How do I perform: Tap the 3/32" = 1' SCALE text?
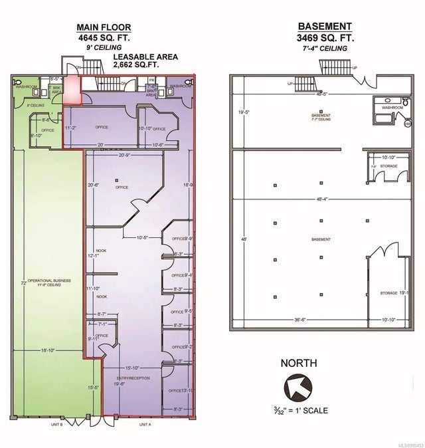click(x=296, y=411)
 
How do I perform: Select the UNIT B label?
click(x=58, y=423)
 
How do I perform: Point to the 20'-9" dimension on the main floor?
click(x=125, y=155)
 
